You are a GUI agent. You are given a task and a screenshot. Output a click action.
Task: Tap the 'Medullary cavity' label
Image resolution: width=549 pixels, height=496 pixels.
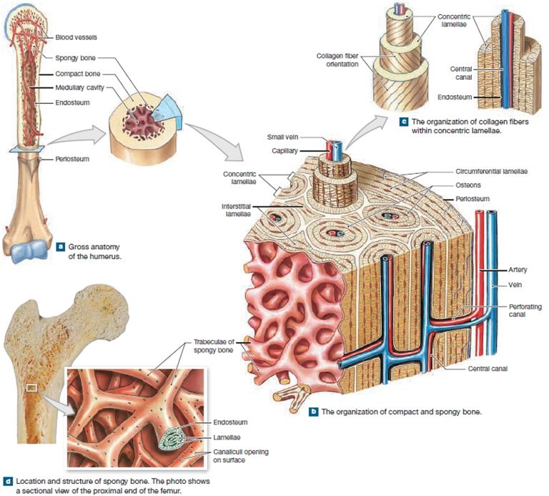tap(76, 88)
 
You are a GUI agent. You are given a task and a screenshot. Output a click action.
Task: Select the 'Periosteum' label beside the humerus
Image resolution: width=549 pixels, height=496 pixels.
tap(71, 159)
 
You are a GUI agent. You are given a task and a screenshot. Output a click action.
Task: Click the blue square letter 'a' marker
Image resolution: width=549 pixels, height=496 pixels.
tap(61, 247)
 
